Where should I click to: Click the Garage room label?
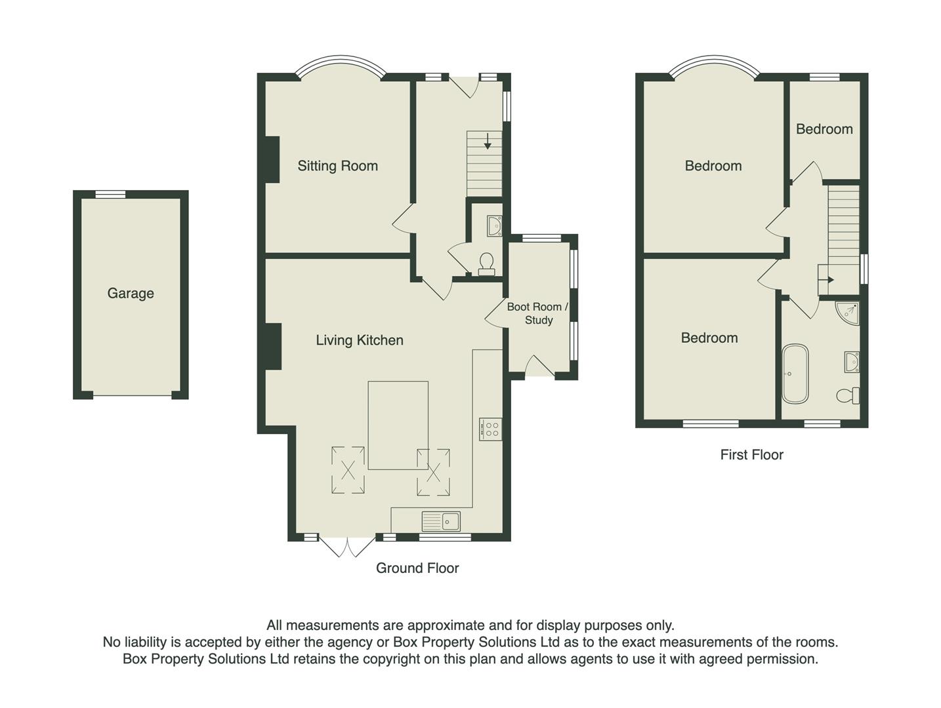[x=131, y=293]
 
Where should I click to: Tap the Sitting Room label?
[x=337, y=166]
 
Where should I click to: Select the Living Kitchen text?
[x=359, y=340]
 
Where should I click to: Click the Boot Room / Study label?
[x=537, y=313]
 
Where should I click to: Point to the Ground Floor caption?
[x=417, y=568]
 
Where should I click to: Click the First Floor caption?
[x=751, y=455]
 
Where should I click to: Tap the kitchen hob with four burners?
[x=491, y=429]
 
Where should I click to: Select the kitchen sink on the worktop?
[x=441, y=522]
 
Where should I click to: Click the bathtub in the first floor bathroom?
[x=795, y=374]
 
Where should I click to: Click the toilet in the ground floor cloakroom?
[x=487, y=264]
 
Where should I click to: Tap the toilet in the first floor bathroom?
[x=848, y=395]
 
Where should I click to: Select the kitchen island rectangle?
[x=398, y=425]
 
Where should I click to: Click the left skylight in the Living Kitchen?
[x=348, y=469]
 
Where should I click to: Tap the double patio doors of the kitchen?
[x=348, y=546]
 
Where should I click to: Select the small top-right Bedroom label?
[x=824, y=129]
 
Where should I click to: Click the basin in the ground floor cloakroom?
[x=493, y=226]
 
